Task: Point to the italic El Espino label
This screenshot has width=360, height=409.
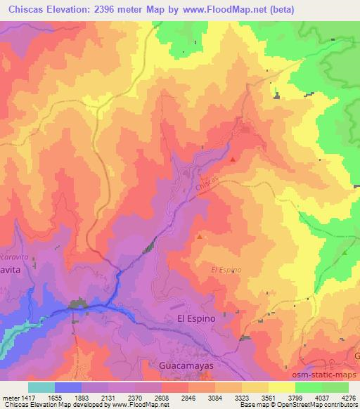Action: click(x=226, y=269)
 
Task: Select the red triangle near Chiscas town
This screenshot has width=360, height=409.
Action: click(x=233, y=160)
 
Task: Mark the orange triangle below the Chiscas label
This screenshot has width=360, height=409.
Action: click(x=200, y=237)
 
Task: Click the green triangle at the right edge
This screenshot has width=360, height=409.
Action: click(x=346, y=252)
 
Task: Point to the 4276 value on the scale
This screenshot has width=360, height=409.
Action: click(x=347, y=397)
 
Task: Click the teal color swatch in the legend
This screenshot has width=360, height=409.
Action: click(x=41, y=387)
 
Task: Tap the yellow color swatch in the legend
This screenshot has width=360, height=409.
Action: click(x=281, y=387)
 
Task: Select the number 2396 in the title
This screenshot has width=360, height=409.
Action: click(x=112, y=9)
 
